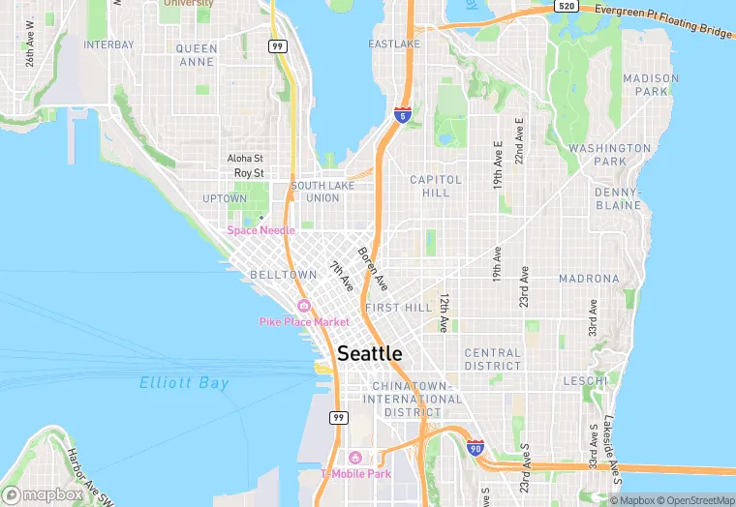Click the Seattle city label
369,354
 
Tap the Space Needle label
261,230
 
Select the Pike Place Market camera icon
304,306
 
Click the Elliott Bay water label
184,383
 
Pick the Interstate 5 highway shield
401,114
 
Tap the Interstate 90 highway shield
475,449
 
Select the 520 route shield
567,6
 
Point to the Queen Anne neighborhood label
197,54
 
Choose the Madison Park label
645,84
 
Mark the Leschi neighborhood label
585,380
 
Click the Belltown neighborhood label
284,275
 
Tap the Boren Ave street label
372,269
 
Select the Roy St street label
249,173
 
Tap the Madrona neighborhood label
589,279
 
